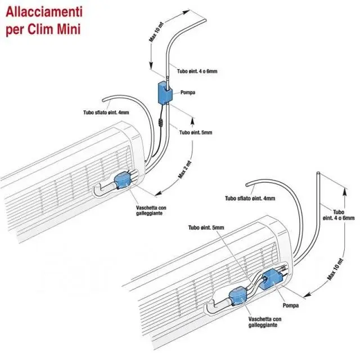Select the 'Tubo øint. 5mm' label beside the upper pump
pos(196,133)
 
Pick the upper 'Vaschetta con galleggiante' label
pos(151,210)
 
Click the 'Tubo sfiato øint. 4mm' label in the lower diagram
pos(250,199)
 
